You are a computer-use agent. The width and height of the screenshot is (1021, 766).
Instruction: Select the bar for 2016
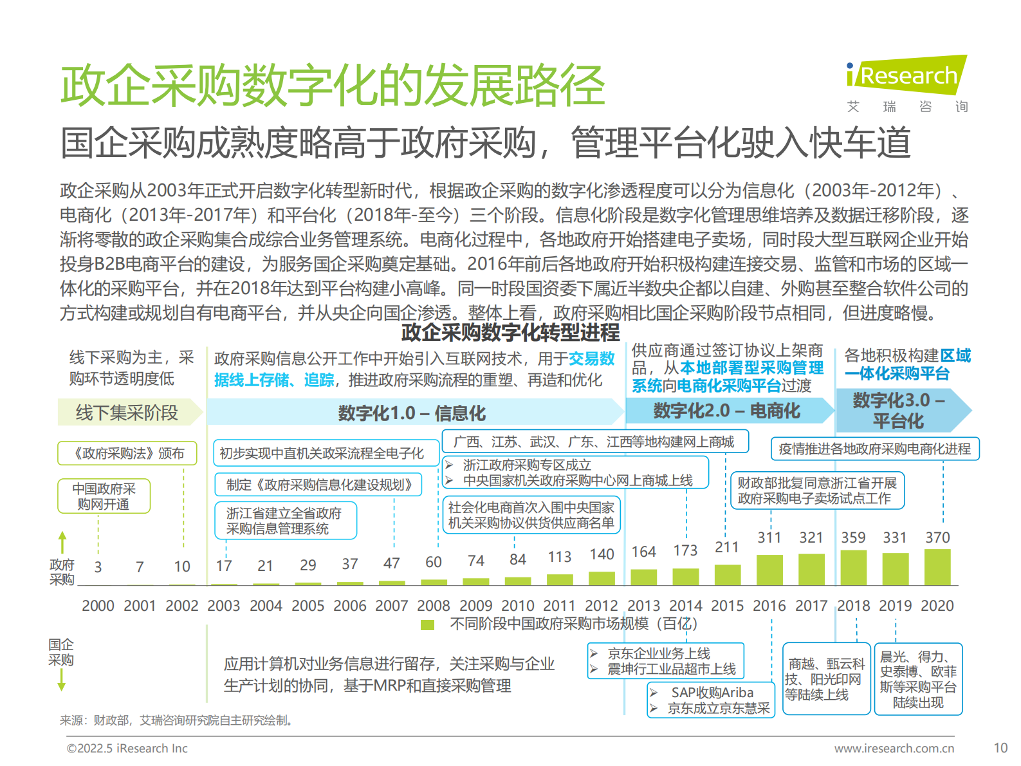(x=769, y=570)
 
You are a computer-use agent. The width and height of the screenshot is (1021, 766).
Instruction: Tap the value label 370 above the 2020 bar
(x=937, y=537)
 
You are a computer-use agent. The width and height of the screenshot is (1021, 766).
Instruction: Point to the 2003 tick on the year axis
(x=223, y=606)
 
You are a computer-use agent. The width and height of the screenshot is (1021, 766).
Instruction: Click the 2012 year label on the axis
(x=602, y=606)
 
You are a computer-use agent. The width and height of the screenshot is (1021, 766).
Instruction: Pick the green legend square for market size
(x=427, y=624)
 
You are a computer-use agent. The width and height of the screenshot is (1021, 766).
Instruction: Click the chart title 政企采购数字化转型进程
(x=510, y=332)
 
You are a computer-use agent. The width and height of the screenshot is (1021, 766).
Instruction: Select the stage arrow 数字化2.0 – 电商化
(x=727, y=411)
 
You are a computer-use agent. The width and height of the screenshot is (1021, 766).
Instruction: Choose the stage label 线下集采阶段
(x=127, y=413)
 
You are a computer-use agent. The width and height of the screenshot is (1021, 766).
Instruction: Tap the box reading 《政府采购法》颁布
(x=127, y=453)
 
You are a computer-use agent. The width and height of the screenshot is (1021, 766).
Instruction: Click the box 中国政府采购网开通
(x=104, y=496)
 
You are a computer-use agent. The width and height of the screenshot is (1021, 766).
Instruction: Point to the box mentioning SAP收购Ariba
(x=711, y=700)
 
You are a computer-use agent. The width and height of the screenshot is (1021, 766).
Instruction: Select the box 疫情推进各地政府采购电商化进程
(x=874, y=449)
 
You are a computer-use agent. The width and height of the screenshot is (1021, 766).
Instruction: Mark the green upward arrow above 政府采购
(x=62, y=542)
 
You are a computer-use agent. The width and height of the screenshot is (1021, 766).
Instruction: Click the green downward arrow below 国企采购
(x=62, y=680)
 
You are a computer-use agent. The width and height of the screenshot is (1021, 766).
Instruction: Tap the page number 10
(x=1000, y=748)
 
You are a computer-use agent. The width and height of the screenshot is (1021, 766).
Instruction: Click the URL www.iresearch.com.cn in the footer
(x=894, y=749)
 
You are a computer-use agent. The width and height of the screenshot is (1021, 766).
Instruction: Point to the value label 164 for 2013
(x=643, y=552)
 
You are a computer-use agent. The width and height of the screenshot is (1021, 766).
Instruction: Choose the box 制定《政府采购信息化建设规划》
(x=318, y=485)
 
